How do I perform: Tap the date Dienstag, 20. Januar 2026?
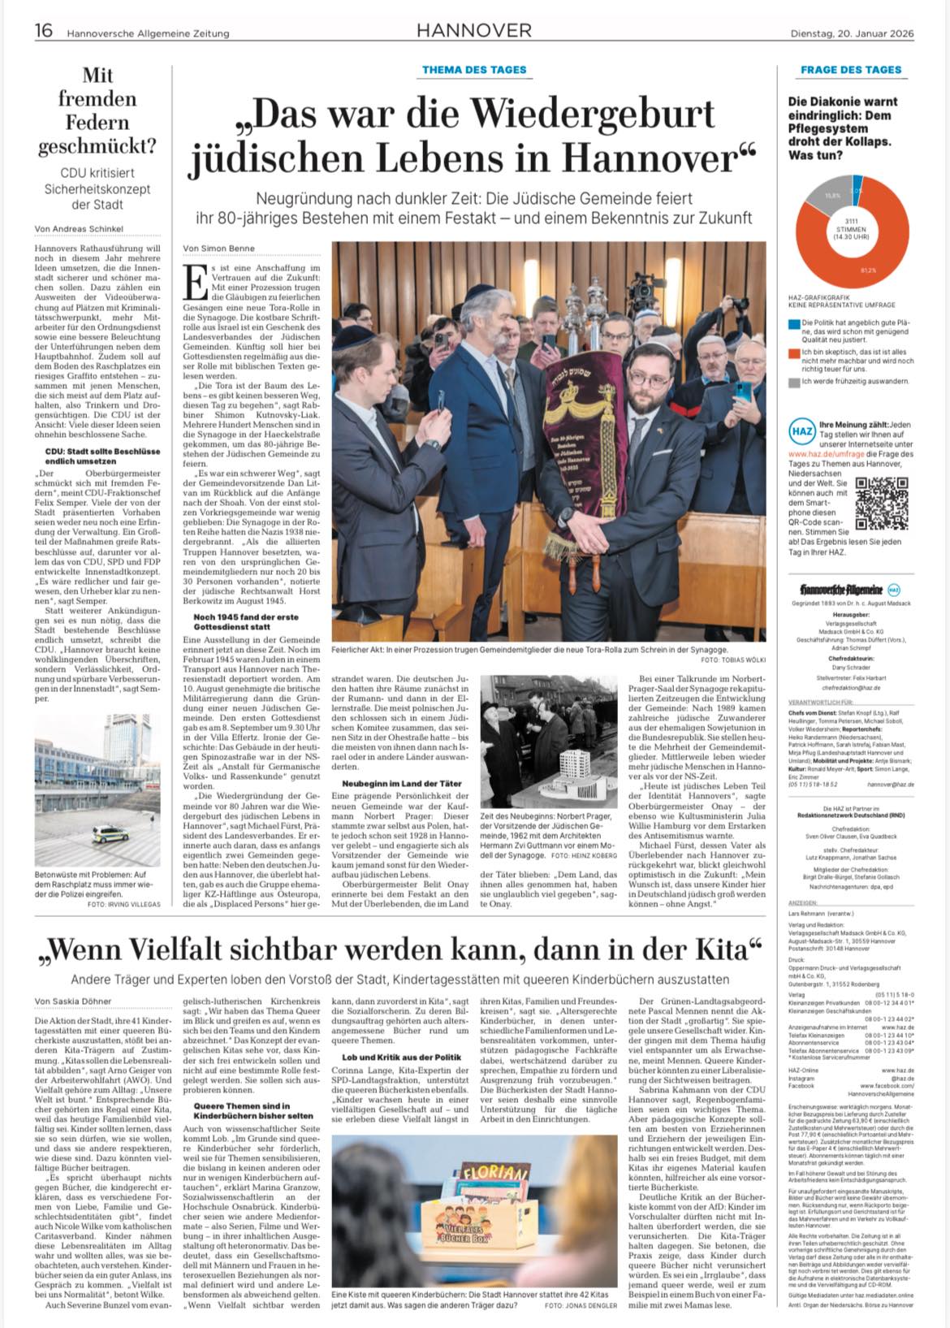click(853, 33)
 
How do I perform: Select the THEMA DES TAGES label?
click(474, 70)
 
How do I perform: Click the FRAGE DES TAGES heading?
click(851, 70)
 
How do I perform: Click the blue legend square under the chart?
click(793, 324)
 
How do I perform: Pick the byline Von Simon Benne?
click(219, 248)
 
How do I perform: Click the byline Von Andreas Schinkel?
click(79, 229)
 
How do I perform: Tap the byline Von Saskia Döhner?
click(73, 1001)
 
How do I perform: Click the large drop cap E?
click(194, 279)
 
